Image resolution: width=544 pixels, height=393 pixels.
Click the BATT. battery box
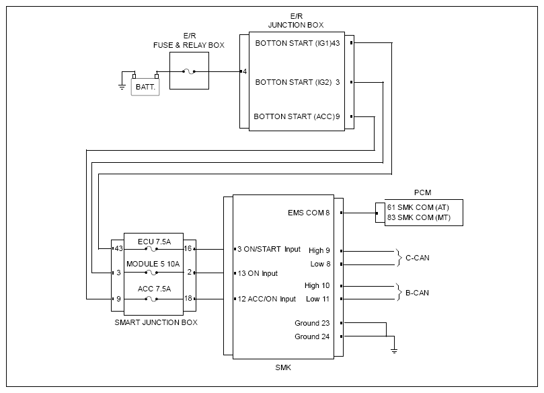click(x=145, y=87)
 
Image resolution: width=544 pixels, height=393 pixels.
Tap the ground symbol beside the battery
click(x=122, y=86)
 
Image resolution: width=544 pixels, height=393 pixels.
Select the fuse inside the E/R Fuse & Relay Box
click(x=189, y=71)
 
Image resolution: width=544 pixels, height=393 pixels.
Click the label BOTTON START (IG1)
click(x=293, y=43)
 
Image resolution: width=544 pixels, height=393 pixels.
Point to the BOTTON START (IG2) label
click(x=293, y=82)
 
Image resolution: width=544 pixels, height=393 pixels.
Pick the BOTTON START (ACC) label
click(x=295, y=116)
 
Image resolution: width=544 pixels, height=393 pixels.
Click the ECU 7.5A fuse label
click(x=155, y=242)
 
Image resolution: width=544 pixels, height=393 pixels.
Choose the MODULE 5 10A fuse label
click(x=153, y=264)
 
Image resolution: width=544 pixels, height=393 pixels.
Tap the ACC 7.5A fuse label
click(x=155, y=289)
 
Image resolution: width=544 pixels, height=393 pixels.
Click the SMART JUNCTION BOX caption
click(x=156, y=322)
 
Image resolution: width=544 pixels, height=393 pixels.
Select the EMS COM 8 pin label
click(x=309, y=213)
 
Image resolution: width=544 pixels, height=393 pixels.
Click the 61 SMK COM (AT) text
click(x=418, y=207)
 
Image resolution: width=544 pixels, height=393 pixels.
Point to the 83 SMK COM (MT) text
click(x=419, y=217)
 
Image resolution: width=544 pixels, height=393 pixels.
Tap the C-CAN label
click(x=418, y=258)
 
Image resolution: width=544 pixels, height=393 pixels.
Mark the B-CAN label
click(x=417, y=293)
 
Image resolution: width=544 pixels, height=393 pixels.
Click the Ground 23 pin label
click(x=312, y=323)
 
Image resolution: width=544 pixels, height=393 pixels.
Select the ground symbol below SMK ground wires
click(x=394, y=351)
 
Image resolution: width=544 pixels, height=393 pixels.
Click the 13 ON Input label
click(x=258, y=274)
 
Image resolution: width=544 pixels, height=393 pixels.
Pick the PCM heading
click(x=422, y=192)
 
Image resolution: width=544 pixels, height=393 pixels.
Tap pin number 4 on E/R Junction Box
click(x=245, y=71)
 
